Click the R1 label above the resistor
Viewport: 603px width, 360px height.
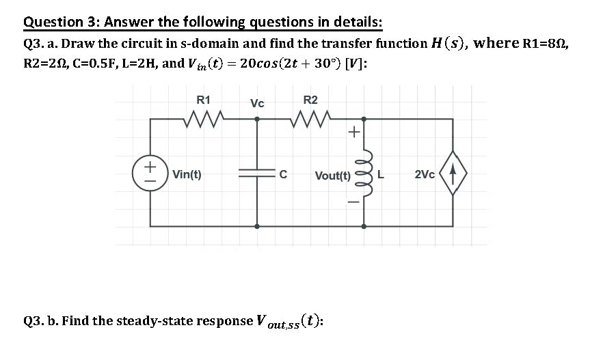[x=204, y=100]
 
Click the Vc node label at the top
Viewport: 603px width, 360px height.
[x=257, y=104]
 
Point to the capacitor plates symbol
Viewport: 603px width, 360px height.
[x=257, y=174]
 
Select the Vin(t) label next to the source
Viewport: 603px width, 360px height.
[x=187, y=174]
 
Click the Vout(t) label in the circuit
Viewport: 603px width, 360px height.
[x=333, y=176]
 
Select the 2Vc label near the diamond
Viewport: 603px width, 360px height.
[x=425, y=174]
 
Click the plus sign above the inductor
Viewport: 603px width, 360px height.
[x=354, y=133]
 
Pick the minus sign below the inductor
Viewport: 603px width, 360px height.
[x=354, y=201]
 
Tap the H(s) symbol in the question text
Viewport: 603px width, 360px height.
[x=451, y=43]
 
